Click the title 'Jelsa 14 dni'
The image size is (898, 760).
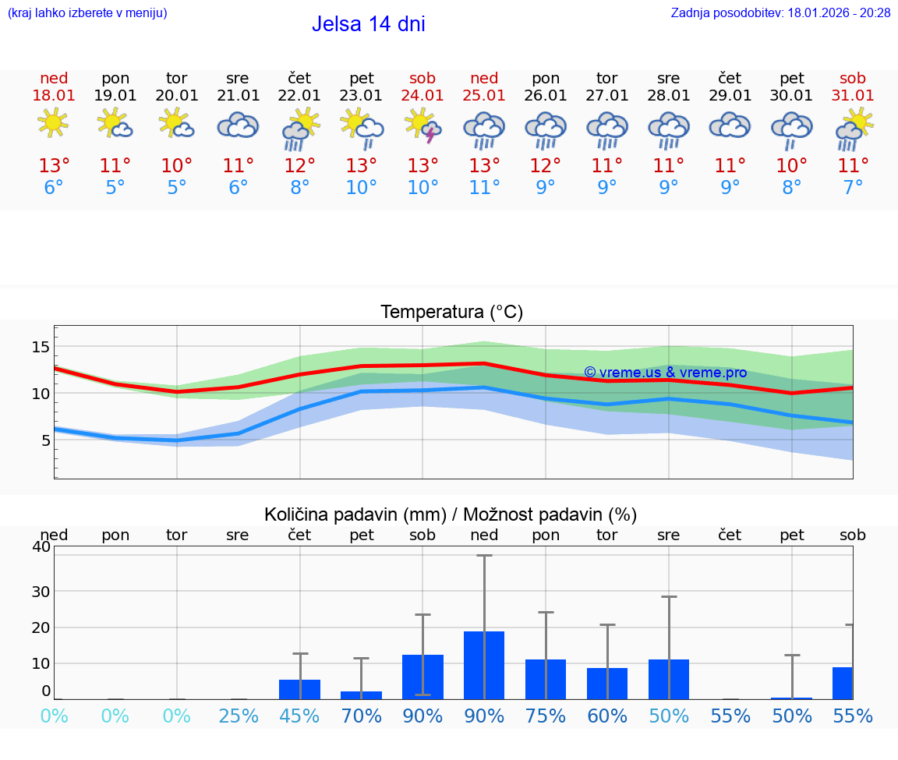(x=368, y=24)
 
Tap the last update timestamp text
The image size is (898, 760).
(x=780, y=12)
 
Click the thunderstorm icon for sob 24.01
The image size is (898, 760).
(x=422, y=125)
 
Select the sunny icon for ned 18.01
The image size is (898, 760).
(x=53, y=122)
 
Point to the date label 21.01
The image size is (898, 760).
(x=238, y=95)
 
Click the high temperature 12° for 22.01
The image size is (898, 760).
(x=299, y=166)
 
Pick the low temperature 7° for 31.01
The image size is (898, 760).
(x=853, y=188)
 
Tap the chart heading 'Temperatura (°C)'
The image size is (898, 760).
(x=451, y=313)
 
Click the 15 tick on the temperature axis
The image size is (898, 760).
(x=41, y=347)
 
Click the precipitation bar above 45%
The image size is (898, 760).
(x=299, y=689)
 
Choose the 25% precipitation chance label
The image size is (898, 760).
(x=238, y=716)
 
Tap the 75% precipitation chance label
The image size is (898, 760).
(x=546, y=716)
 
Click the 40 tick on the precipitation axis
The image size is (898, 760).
(x=41, y=547)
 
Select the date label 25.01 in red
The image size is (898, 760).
(x=484, y=95)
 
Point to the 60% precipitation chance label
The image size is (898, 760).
(x=607, y=716)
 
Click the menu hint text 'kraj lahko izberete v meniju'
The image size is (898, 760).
(x=87, y=12)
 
